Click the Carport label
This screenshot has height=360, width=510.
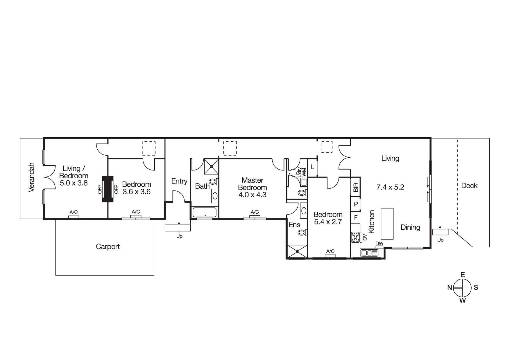[x=108, y=246]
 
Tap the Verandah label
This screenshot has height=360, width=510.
[x=31, y=177]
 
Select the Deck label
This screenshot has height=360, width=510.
[x=469, y=186]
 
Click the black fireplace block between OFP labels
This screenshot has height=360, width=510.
[x=107, y=189]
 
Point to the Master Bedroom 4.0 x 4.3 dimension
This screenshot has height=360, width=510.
[x=252, y=195]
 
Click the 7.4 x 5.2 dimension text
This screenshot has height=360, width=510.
[x=390, y=187]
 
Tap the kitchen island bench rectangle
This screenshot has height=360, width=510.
[x=387, y=224]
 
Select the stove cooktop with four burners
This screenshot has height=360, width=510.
[x=355, y=237]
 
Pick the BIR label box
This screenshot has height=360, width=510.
[x=355, y=187]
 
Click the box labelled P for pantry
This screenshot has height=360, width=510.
[x=355, y=204]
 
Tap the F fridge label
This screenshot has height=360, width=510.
[x=355, y=217]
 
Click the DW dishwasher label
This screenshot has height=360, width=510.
[x=379, y=244]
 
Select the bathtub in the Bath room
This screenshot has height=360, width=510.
[x=205, y=213]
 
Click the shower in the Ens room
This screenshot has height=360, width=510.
[x=297, y=251]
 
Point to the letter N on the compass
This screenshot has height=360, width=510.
[x=450, y=288]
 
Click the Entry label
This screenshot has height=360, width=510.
[x=179, y=181]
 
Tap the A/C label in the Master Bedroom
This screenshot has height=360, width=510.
[x=255, y=212]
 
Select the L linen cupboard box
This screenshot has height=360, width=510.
[x=312, y=167]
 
